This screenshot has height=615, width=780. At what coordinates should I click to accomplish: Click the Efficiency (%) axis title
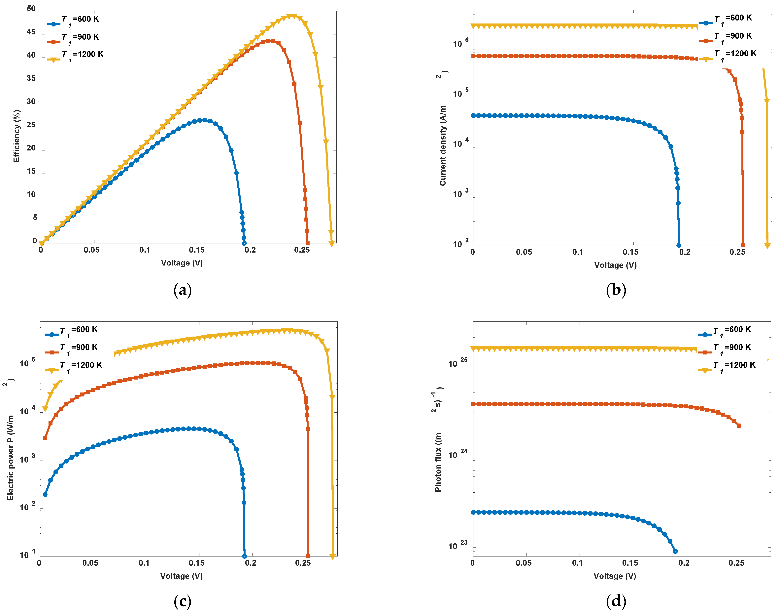tap(17, 136)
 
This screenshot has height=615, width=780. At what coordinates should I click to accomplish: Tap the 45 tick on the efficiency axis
tap(31, 32)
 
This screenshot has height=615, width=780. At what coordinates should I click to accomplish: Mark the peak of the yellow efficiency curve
tap(293, 16)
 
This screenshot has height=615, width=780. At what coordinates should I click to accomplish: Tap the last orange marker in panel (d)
tap(739, 426)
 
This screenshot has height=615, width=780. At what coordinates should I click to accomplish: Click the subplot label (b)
tap(616, 290)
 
